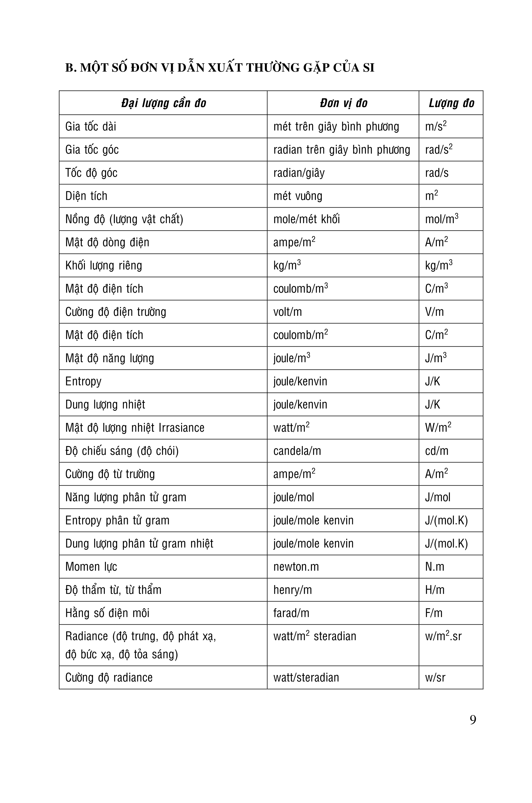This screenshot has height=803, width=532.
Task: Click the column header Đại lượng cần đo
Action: (x=163, y=103)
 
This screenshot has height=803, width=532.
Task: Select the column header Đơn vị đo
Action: (x=343, y=103)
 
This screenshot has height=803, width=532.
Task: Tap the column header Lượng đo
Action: (x=451, y=103)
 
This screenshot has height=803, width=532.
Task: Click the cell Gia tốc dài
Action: (x=91, y=127)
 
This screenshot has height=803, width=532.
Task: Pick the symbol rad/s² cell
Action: (x=439, y=150)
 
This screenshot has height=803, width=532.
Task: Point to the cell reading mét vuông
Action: (x=298, y=196)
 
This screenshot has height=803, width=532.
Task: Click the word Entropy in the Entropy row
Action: (x=83, y=381)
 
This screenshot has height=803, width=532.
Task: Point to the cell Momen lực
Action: (x=91, y=567)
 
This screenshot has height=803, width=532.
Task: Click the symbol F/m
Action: (x=434, y=613)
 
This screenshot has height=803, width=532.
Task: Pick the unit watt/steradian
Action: (x=306, y=678)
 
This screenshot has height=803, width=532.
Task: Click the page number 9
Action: (x=473, y=720)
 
